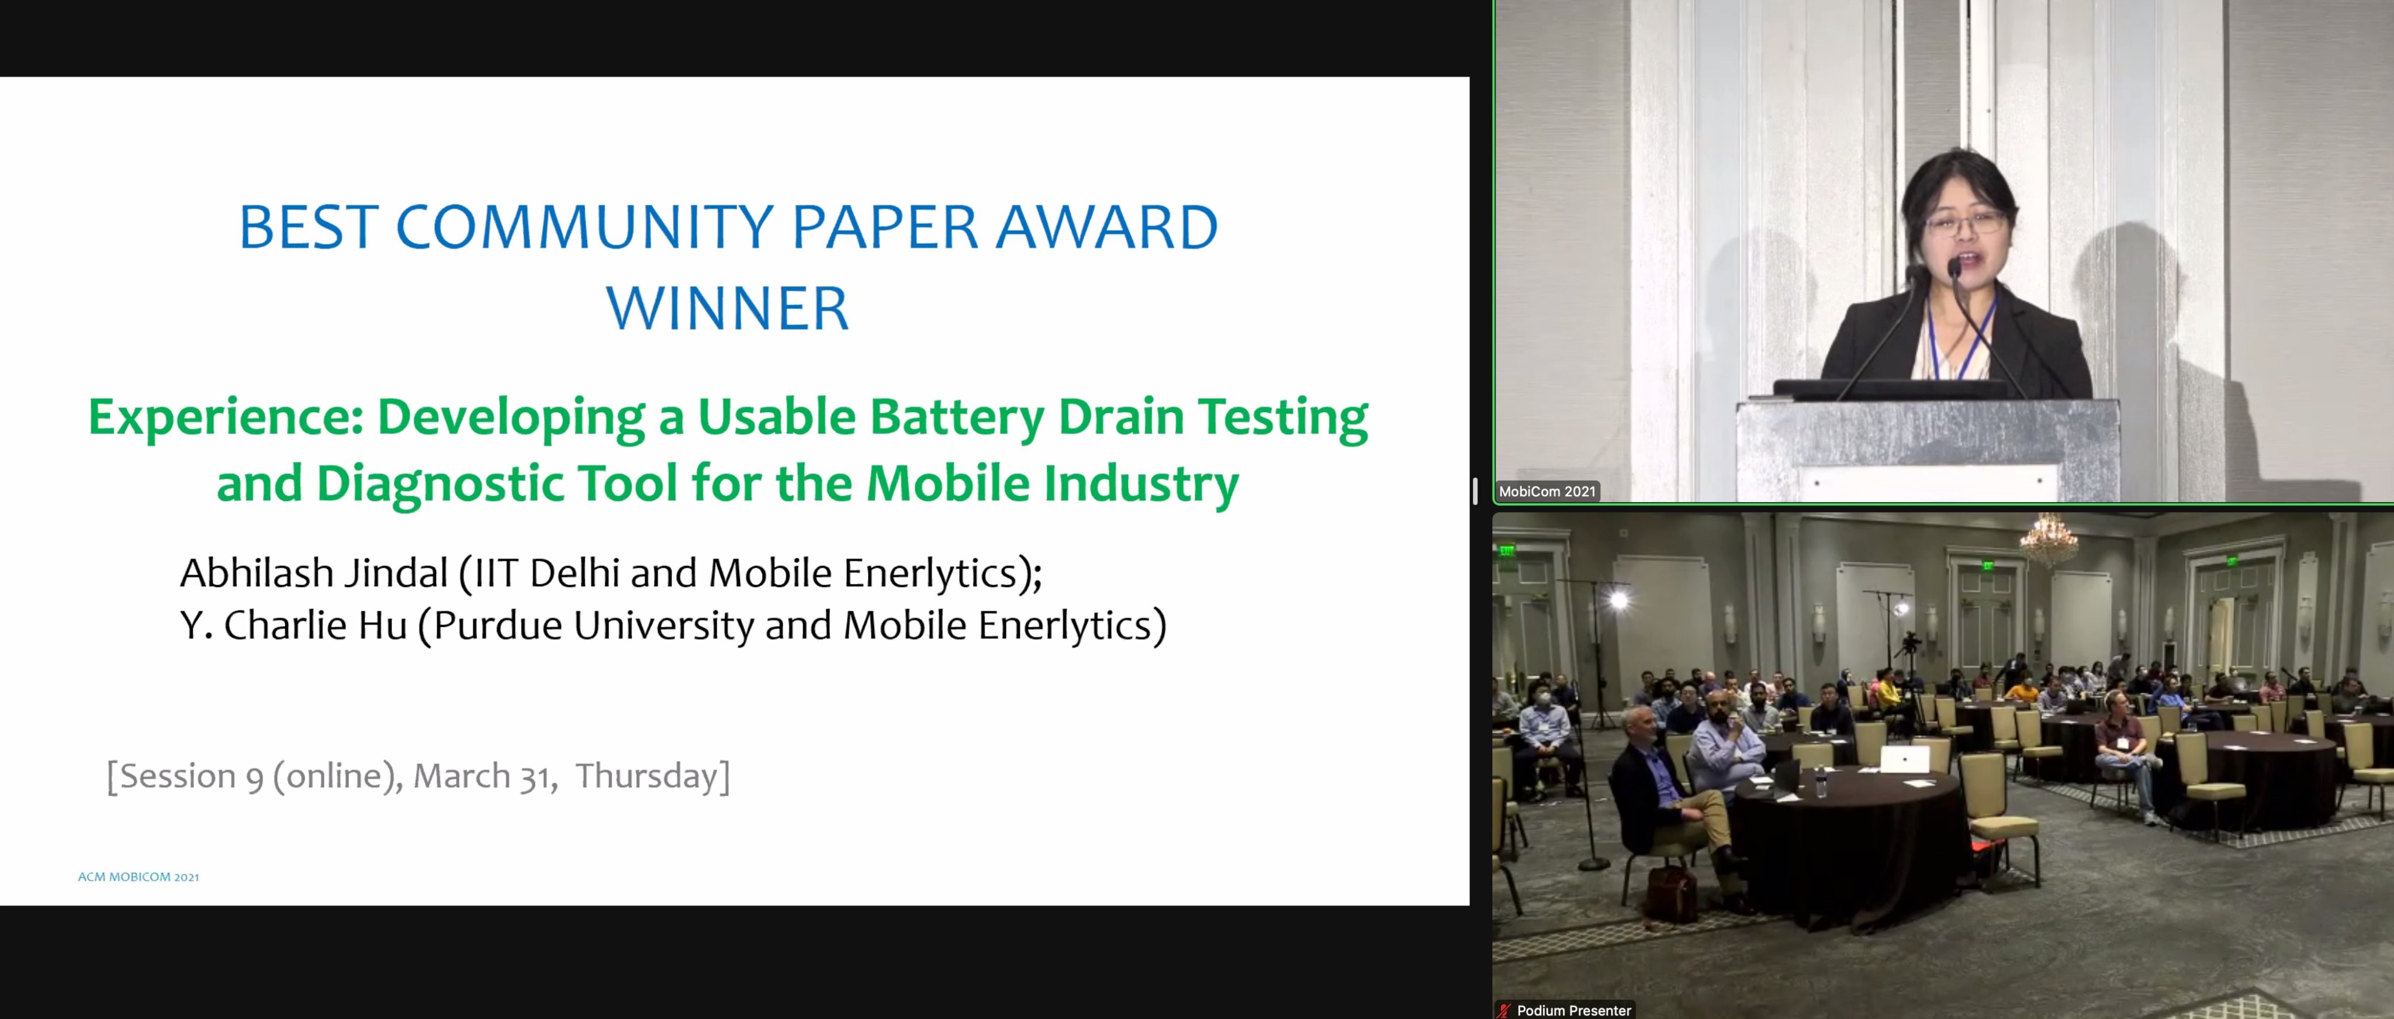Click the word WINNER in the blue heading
(726, 309)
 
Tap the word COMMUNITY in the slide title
(584, 228)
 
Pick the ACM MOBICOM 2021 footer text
(139, 877)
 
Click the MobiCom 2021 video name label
(1547, 491)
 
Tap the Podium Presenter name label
(1573, 1010)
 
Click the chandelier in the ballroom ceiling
(2048, 539)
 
